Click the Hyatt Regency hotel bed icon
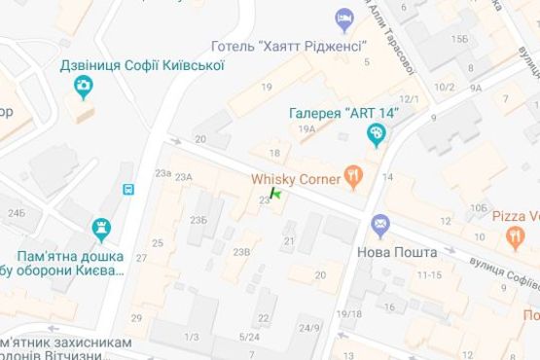(342, 18)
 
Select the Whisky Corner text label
(295, 179)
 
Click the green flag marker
(276, 196)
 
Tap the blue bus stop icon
(127, 189)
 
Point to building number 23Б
(198, 220)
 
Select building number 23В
(241, 252)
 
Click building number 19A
(307, 129)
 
